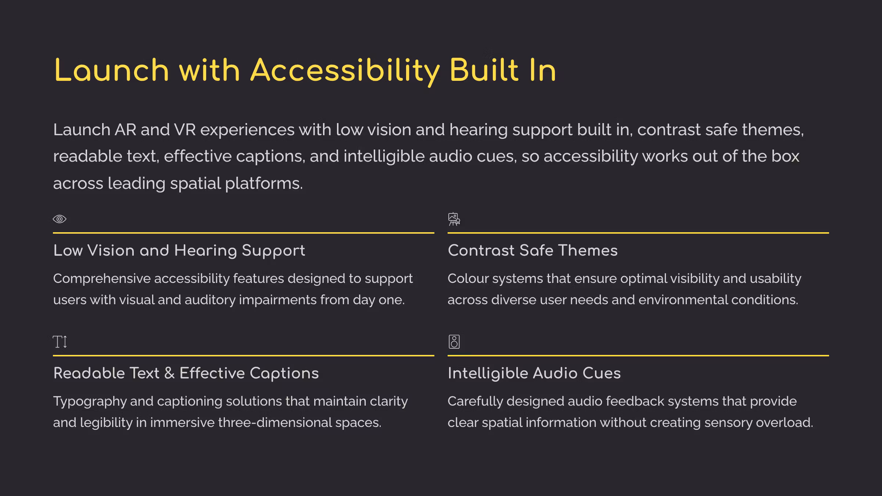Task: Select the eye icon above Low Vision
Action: (60, 219)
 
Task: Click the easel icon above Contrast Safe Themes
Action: (454, 219)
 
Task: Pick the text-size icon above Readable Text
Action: (60, 342)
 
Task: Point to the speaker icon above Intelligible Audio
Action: (454, 342)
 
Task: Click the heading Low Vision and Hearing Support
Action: (179, 251)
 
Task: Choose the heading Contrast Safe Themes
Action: (533, 251)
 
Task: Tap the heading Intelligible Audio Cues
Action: (534, 374)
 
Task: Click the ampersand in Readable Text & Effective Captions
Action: (169, 373)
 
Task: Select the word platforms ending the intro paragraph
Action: (264, 184)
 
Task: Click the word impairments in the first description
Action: (277, 300)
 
